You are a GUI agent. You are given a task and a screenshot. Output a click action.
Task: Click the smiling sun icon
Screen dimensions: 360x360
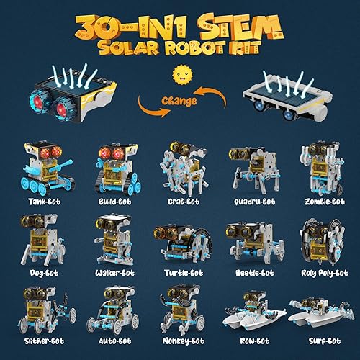tap(179, 76)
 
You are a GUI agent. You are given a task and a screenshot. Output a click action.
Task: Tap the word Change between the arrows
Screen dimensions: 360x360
tap(180, 102)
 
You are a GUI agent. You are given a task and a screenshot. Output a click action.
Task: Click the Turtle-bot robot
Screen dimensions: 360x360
tap(180, 242)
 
